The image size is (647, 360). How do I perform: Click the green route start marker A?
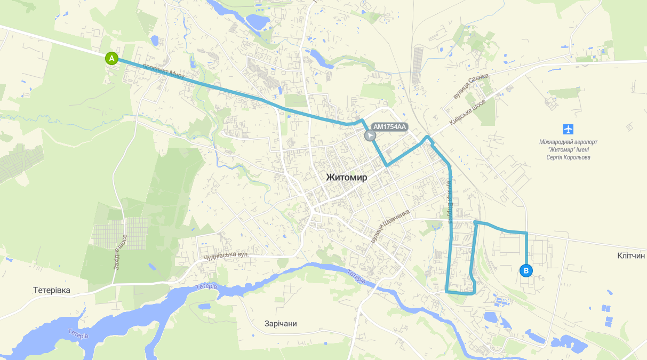pos(111,58)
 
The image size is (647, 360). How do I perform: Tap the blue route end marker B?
pos(526,271)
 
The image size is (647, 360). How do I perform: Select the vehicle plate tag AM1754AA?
pos(389,127)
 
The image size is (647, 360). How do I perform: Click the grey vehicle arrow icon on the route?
pos(370,135)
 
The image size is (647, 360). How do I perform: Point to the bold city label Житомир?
pos(346,178)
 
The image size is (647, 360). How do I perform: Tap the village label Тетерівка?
pos(51,290)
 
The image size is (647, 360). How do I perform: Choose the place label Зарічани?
pos(281,324)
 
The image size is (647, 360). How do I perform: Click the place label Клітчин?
pos(631,256)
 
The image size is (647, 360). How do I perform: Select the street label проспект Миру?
pos(164,71)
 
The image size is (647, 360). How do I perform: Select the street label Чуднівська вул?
pos(226,257)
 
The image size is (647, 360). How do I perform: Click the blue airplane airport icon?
pos(569,129)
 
